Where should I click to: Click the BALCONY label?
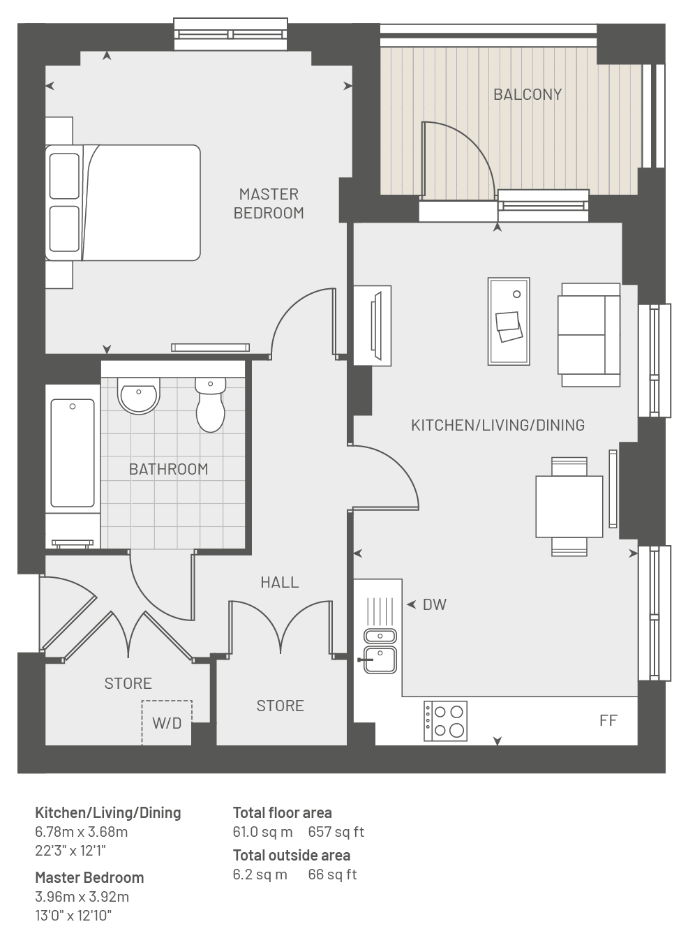coord(528,95)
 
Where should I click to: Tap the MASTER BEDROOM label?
coord(269,204)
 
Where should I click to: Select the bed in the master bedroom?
coord(123,202)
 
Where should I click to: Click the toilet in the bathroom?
coord(210,405)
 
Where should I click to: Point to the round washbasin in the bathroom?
coord(139,396)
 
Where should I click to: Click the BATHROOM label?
coord(168,469)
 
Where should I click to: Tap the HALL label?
coord(280,582)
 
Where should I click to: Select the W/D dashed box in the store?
coord(167,722)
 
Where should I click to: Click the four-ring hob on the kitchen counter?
coord(446,721)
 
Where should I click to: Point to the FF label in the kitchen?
coord(608,720)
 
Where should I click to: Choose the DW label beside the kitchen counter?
coord(435,604)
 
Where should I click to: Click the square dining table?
coord(569,507)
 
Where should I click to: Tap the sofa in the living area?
coord(589,334)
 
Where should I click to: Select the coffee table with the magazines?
coord(509,321)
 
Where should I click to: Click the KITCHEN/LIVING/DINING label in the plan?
coord(498,425)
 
